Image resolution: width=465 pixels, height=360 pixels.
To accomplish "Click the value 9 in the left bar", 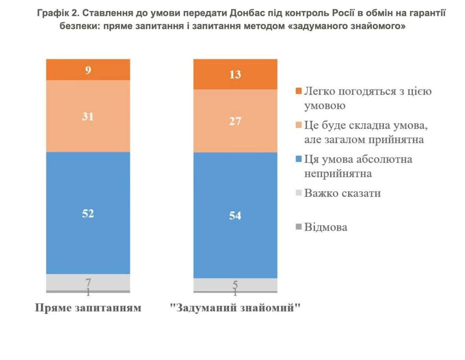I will pyautogui.click(x=88, y=70).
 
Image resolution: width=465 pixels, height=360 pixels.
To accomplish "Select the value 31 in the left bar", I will pyautogui.click(x=88, y=116).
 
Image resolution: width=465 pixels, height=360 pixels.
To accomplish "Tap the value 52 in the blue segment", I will pyautogui.click(x=88, y=213).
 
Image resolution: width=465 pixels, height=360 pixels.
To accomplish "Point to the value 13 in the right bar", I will pyautogui.click(x=235, y=75).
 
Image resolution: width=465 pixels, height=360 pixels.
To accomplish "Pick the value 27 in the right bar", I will pyautogui.click(x=235, y=121).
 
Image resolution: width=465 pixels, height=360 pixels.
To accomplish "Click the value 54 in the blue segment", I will pyautogui.click(x=235, y=216).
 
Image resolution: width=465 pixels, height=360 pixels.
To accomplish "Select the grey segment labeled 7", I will pyautogui.click(x=88, y=282).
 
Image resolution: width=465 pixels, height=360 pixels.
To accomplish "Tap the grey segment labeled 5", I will pyautogui.click(x=235, y=284).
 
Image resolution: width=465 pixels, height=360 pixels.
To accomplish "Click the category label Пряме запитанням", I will pyautogui.click(x=88, y=308).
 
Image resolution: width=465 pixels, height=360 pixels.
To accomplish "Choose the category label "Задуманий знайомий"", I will pyautogui.click(x=235, y=308).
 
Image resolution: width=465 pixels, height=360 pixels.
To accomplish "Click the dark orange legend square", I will pyautogui.click(x=299, y=91).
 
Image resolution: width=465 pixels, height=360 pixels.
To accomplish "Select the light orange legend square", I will pyautogui.click(x=299, y=125).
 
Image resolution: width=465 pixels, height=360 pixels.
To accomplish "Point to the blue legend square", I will pyautogui.click(x=299, y=159).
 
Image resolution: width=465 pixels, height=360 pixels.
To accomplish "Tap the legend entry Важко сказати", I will pyautogui.click(x=342, y=193).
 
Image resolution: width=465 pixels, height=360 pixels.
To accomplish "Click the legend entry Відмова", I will pyautogui.click(x=325, y=227).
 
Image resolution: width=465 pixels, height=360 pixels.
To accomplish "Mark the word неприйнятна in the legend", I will pyautogui.click(x=338, y=173).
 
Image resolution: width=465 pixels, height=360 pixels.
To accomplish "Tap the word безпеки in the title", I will pyautogui.click(x=79, y=26).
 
